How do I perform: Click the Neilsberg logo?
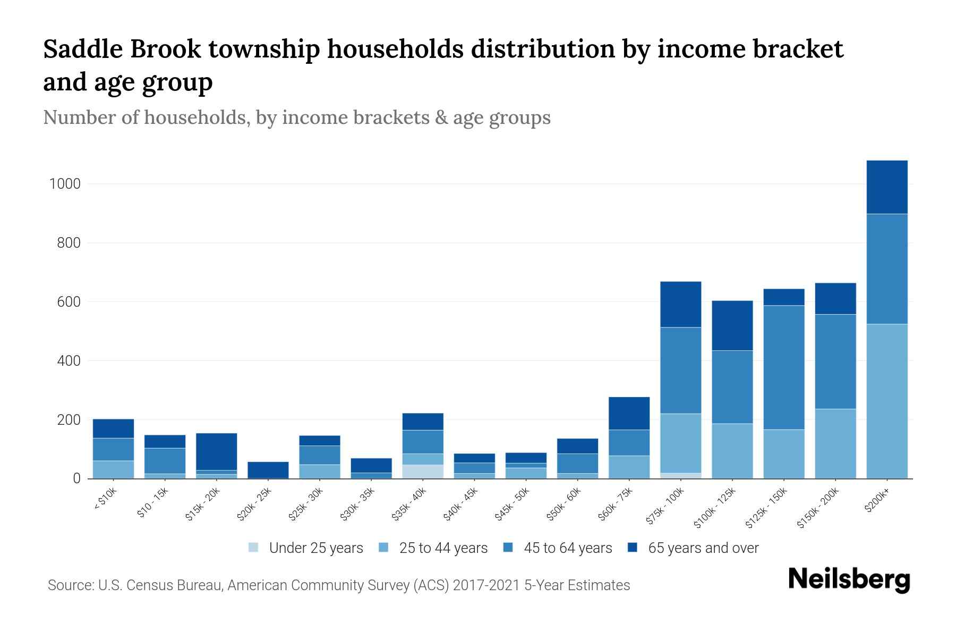coord(849,580)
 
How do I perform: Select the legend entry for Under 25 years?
coord(305,548)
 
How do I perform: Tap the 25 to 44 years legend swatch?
coord(383,548)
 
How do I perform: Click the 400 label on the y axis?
coord(69,361)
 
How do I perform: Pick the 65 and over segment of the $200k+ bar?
coord(886,187)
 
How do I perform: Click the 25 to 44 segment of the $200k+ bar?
coord(886,401)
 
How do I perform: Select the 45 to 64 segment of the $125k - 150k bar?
coord(783,367)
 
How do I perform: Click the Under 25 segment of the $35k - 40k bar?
coord(423,472)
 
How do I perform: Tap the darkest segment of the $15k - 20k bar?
coord(216,451)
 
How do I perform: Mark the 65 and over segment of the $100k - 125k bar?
coord(732,325)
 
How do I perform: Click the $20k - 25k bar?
coord(268,469)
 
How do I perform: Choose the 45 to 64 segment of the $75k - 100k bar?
coord(680,370)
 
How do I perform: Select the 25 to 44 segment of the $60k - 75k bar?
coord(629,467)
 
